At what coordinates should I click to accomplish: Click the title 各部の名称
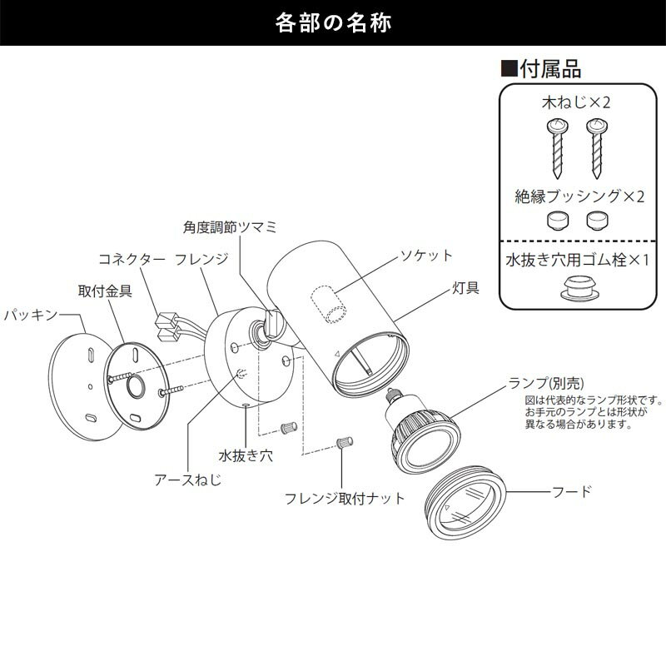333,22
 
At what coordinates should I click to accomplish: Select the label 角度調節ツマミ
230,227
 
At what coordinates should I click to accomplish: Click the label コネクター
132,259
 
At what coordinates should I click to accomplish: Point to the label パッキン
30,315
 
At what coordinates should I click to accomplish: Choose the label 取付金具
105,291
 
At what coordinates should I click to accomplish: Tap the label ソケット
427,256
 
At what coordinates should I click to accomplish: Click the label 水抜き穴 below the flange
246,455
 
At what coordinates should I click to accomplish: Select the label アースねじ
188,480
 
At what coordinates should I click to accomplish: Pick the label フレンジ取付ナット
345,498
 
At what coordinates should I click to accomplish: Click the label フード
571,491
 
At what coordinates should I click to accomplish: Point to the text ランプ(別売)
546,383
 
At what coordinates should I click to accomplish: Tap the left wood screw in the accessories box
557,148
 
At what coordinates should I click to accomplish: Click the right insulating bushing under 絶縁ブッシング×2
597,221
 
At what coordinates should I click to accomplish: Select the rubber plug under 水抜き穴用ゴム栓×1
579,288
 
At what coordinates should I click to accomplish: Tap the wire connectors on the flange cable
167,326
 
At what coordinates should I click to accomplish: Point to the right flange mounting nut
345,442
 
